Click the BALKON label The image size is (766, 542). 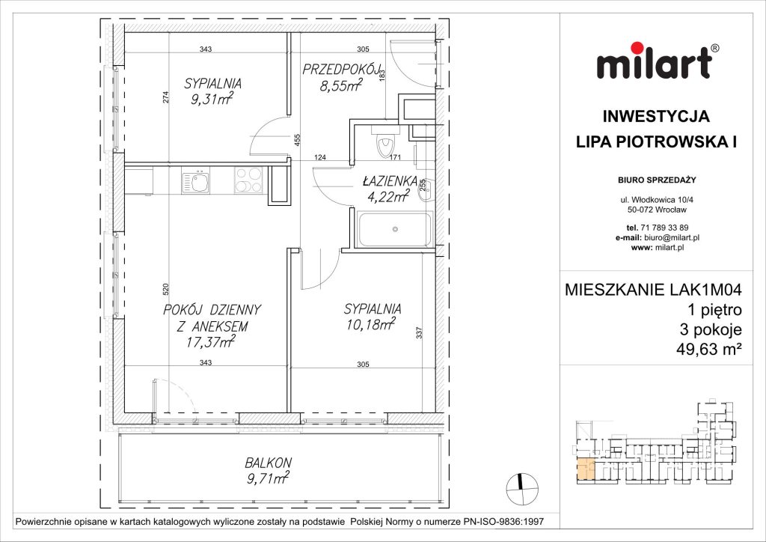[x=267, y=462]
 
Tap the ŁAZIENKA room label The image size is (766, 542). [x=385, y=180]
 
